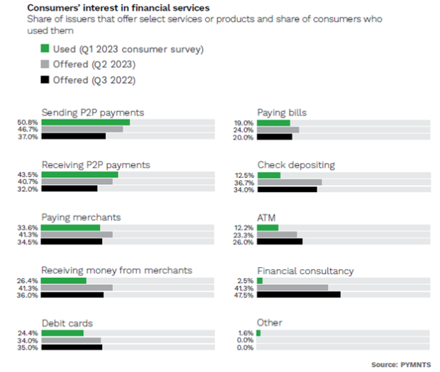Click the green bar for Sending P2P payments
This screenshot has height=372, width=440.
85,123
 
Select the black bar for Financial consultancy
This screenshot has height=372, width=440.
299,295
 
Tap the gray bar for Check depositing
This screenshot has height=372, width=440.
290,182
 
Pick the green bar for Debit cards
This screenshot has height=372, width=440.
62,332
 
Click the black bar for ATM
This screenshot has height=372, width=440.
280,242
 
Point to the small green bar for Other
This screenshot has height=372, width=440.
258,332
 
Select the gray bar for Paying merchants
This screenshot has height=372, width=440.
77,235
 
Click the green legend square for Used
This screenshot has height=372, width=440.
45,49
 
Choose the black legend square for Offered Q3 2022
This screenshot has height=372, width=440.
45,79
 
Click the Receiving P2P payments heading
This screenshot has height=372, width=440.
96,165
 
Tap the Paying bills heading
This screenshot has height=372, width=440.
282,112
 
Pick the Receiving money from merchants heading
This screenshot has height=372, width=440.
117,270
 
